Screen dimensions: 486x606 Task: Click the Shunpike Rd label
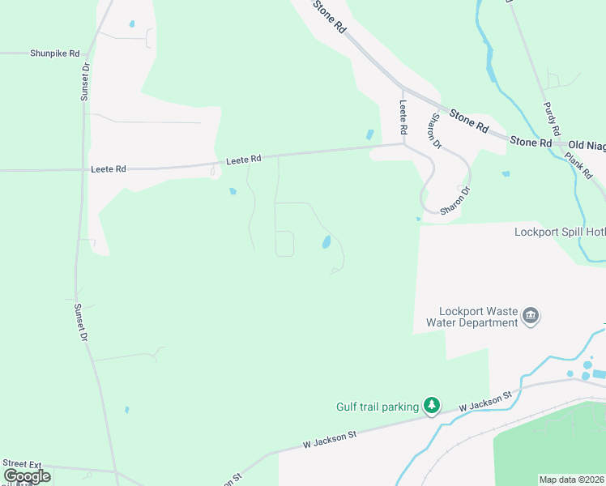click(x=55, y=53)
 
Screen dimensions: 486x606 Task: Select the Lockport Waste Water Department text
click(x=478, y=317)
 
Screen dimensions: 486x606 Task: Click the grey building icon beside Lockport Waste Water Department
click(x=531, y=315)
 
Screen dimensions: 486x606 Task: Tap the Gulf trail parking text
click(x=377, y=407)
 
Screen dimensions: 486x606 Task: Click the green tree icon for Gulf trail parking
click(x=432, y=406)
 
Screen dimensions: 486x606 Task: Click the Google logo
click(x=27, y=475)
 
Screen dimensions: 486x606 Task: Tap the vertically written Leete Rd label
click(x=403, y=117)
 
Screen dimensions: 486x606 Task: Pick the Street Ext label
click(x=23, y=463)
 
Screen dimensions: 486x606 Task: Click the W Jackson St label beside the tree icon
click(x=484, y=399)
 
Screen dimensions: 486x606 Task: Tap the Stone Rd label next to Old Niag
click(x=530, y=142)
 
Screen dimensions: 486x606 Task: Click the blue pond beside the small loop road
click(x=326, y=242)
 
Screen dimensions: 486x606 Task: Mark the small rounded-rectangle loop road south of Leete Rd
click(x=284, y=243)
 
